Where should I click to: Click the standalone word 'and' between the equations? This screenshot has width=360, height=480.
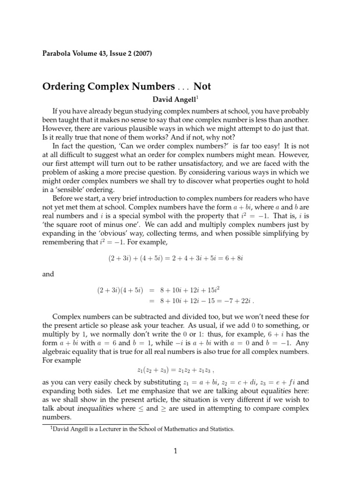coord(48,274)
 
